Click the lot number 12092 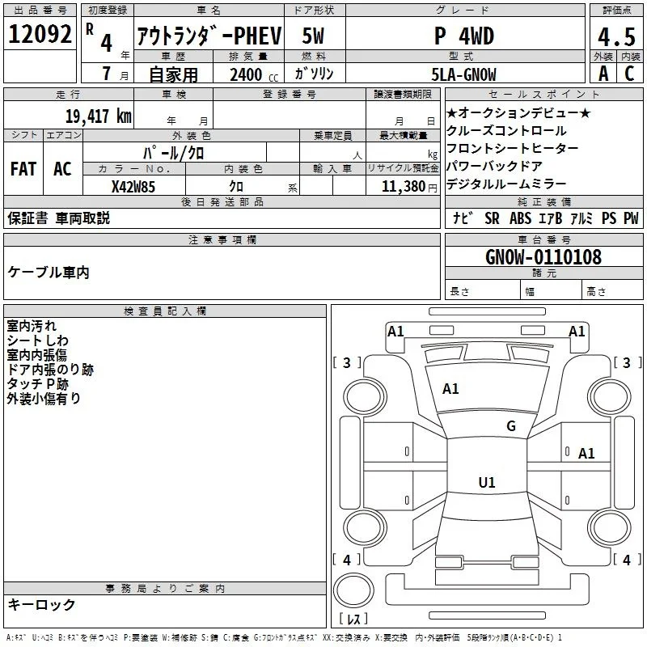tap(40, 34)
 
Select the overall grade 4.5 tap(616, 36)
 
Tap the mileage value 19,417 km tap(98, 116)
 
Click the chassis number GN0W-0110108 tap(543, 257)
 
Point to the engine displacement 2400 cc tap(254, 74)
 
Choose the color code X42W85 tap(133, 187)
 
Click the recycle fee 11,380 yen tap(409, 187)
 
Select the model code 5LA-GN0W tap(463, 74)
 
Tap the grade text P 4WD tap(464, 36)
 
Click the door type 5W tap(313, 36)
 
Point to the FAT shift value tap(23, 169)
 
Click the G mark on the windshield tap(511, 426)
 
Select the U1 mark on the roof tap(487, 482)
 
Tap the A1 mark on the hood tap(450, 389)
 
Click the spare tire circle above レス tap(353, 590)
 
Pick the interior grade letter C tap(629, 74)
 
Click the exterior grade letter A tap(603, 74)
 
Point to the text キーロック tap(41, 605)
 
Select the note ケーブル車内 tap(49, 273)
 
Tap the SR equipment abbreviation tap(492, 218)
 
